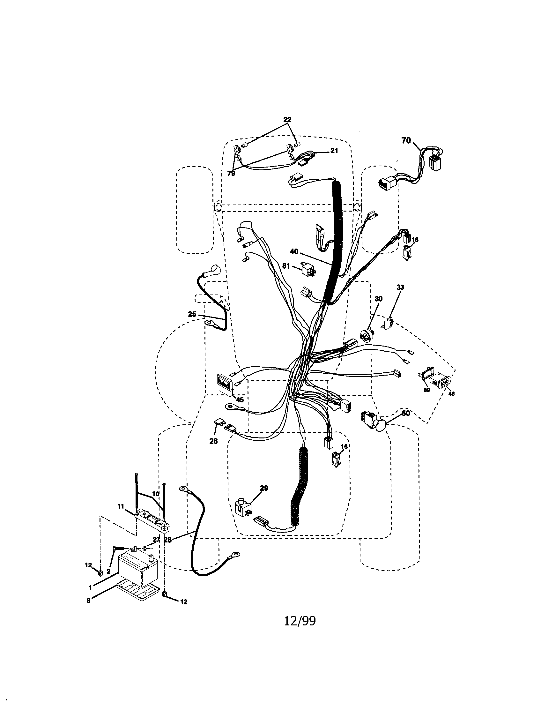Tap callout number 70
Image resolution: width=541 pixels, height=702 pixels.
click(406, 140)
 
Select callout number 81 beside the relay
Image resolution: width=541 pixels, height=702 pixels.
click(286, 266)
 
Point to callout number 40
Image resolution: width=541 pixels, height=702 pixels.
click(294, 252)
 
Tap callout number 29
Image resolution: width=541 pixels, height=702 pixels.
click(264, 488)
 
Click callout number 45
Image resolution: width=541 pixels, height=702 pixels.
click(240, 400)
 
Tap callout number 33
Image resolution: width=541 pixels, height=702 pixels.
click(400, 287)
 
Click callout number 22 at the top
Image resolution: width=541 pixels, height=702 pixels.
click(287, 120)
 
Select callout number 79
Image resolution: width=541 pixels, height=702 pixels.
click(231, 174)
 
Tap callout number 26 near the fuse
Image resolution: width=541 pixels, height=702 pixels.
click(213, 441)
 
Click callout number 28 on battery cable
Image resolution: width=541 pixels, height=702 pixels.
click(168, 540)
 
